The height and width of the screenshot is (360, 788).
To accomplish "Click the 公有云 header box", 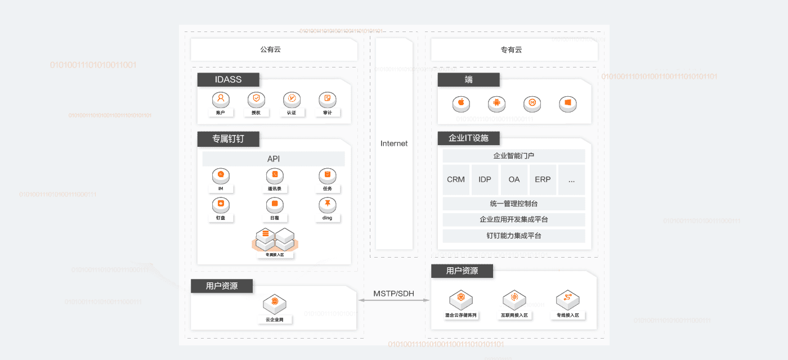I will pos(274,49).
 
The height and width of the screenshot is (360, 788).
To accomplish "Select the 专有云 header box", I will pos(514,49).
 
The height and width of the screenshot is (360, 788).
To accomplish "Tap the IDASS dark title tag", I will pos(228,80).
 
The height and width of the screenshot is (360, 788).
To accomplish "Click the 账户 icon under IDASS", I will pos(221,100).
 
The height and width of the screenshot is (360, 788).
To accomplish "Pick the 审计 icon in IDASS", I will pos(327,100).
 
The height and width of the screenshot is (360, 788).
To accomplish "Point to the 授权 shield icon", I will pos(256,100).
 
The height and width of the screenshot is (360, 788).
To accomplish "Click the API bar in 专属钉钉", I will pos(274,159).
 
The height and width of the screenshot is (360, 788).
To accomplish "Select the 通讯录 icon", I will pos(275,175).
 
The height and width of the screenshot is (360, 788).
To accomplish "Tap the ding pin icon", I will pos(327,204).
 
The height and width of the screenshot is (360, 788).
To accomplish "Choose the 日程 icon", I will pos(275,204).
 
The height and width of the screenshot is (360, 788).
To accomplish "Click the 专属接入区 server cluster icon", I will pos(275,240).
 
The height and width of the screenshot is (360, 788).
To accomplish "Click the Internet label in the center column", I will pos(394,143).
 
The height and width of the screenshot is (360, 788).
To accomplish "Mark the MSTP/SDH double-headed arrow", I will pos(394,300).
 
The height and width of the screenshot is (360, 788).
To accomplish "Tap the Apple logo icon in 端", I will pos(461,103).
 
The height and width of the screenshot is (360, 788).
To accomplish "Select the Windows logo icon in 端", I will pos(567,103).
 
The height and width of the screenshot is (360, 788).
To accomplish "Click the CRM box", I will pos(456,179).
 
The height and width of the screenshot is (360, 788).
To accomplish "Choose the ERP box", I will pos(543,179).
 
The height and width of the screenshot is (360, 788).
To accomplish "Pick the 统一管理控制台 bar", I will pos(514,204).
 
